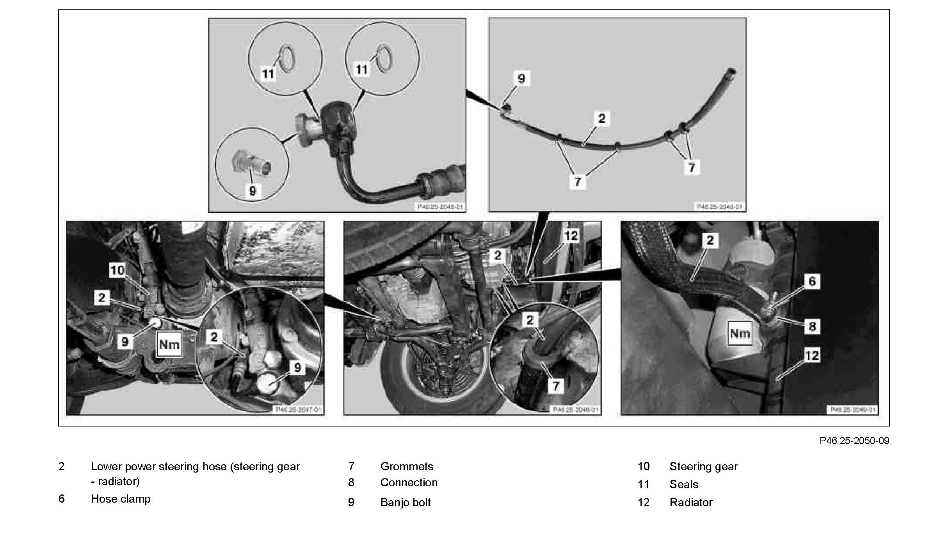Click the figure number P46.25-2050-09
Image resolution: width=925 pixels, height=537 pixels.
coord(854,441)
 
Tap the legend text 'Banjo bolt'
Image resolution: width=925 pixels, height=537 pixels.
coord(405,502)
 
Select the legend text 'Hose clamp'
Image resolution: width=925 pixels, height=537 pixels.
coord(121,499)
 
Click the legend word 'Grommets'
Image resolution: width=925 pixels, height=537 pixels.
coord(407,466)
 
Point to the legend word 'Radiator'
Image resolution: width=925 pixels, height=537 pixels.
coord(691,502)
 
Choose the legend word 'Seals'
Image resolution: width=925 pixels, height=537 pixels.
coord(684,484)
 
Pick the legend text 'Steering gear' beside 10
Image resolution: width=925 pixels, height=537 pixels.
coord(704,466)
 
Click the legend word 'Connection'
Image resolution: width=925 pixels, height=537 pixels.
coord(409,482)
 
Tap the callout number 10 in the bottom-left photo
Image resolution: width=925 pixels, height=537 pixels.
coord(117,270)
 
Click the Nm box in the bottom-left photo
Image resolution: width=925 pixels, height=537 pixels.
coord(169,344)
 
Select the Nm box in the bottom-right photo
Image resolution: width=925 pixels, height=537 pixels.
coord(740,333)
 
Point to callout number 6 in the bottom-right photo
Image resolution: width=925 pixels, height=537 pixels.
coord(812,281)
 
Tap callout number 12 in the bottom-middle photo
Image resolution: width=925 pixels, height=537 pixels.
coord(571,236)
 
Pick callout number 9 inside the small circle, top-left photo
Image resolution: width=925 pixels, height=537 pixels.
coord(253,191)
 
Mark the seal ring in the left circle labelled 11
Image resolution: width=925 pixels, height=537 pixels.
coord(285,59)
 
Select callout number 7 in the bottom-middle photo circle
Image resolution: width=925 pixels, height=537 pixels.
coord(556,386)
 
